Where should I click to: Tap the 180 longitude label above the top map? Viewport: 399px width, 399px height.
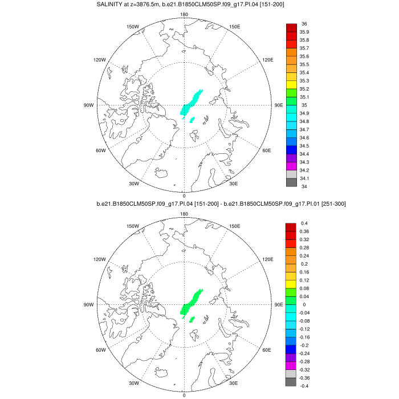tap(184, 14)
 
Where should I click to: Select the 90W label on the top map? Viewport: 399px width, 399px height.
tap(89, 105)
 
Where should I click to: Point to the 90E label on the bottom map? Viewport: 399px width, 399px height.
tap(279, 304)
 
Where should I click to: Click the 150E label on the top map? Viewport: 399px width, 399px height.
tap(234, 27)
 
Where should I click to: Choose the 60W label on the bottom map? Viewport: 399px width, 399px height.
tap(101, 350)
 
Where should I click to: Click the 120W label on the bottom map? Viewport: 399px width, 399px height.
tap(101, 259)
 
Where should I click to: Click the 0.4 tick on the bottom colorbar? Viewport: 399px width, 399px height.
tap(304, 223)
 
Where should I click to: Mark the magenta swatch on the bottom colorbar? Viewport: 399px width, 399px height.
tap(291, 365)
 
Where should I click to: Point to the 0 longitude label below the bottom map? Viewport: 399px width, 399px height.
tap(184, 395)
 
